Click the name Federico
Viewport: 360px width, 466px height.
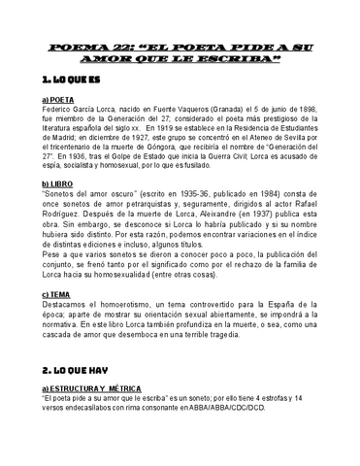coord(61,110)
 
